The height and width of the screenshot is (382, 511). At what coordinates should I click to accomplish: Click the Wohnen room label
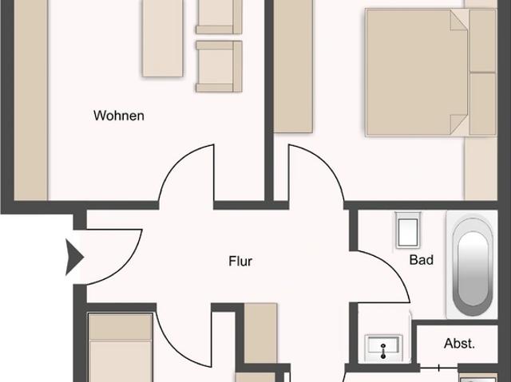click(x=119, y=116)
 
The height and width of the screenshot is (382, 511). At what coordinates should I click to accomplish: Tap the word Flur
click(x=240, y=261)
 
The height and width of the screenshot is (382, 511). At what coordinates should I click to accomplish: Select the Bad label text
click(x=422, y=260)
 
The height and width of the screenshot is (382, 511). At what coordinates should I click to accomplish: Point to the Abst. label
click(x=459, y=345)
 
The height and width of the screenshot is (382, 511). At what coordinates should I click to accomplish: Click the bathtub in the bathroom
click(x=473, y=263)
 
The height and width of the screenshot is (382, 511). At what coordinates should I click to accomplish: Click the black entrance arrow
click(x=74, y=257)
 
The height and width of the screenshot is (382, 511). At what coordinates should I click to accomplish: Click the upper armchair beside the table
click(x=219, y=15)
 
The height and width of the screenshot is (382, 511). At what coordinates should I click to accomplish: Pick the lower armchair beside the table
click(x=219, y=66)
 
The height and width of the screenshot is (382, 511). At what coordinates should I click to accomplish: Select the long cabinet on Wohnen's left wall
click(x=31, y=100)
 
